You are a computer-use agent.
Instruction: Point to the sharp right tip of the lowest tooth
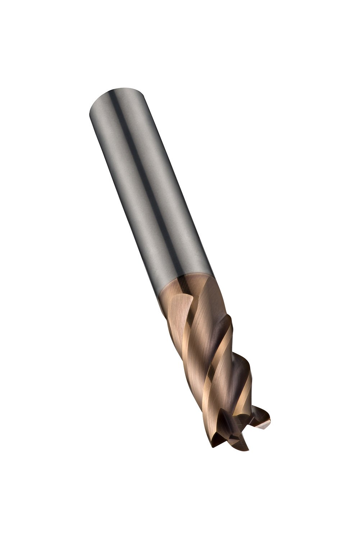point(249,449)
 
